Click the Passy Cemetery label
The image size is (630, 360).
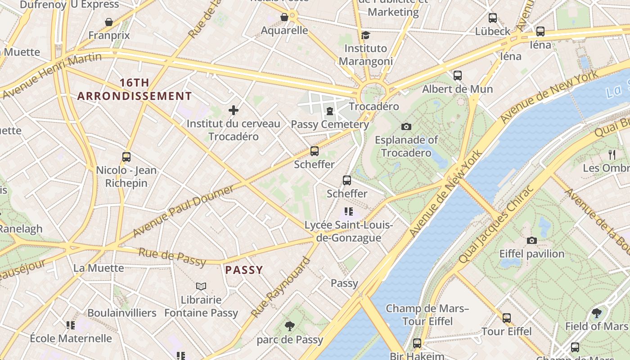[330, 124]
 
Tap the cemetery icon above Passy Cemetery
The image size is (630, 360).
[330, 111]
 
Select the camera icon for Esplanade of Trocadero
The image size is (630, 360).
[406, 127]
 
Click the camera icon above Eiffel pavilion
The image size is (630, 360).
[532, 240]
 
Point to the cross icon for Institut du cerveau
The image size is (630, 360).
[234, 110]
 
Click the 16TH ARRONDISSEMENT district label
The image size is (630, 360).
[134, 90]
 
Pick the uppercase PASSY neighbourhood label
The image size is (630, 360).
[244, 270]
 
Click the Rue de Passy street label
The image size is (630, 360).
[172, 257]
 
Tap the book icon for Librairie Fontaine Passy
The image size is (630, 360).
[201, 286]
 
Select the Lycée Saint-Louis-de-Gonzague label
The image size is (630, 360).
[349, 231]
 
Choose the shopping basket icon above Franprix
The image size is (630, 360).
[109, 22]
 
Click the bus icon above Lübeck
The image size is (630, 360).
[493, 18]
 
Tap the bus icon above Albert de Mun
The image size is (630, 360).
[458, 76]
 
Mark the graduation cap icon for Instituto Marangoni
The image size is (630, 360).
[365, 35]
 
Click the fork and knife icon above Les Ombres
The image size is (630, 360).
[612, 155]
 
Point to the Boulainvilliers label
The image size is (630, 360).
[122, 313]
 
